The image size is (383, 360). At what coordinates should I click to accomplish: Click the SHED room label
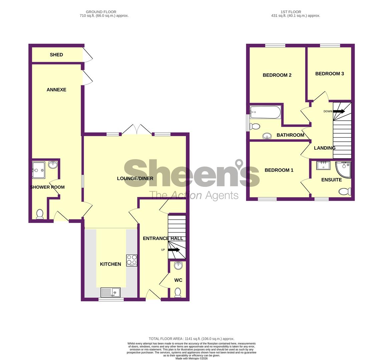click(56, 55)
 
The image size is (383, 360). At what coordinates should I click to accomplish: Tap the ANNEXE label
click(56, 90)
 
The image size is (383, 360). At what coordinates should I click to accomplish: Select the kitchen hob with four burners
click(132, 260)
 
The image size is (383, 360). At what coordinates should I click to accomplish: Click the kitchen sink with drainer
click(110, 292)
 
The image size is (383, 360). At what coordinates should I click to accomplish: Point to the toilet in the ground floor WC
click(178, 292)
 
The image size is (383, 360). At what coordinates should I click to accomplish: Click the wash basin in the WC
click(178, 265)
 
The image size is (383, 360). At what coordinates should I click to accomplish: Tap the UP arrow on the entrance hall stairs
click(174, 250)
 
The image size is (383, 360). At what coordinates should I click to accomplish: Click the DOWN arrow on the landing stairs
click(339, 111)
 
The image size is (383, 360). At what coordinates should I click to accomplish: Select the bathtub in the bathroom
click(266, 112)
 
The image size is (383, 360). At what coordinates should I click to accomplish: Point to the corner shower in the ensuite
click(344, 169)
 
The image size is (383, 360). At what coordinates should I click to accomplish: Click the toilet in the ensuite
click(345, 191)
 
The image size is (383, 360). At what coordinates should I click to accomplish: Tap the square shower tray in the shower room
click(39, 170)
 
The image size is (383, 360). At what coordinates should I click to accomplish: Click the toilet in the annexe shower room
click(40, 214)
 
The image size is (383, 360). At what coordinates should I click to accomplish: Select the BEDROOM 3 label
click(329, 74)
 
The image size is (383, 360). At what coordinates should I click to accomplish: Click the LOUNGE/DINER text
click(135, 178)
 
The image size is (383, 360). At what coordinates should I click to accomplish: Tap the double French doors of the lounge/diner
click(136, 129)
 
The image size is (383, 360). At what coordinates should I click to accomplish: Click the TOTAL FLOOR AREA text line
click(191, 339)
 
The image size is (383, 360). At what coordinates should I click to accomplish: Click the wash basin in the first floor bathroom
click(267, 136)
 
